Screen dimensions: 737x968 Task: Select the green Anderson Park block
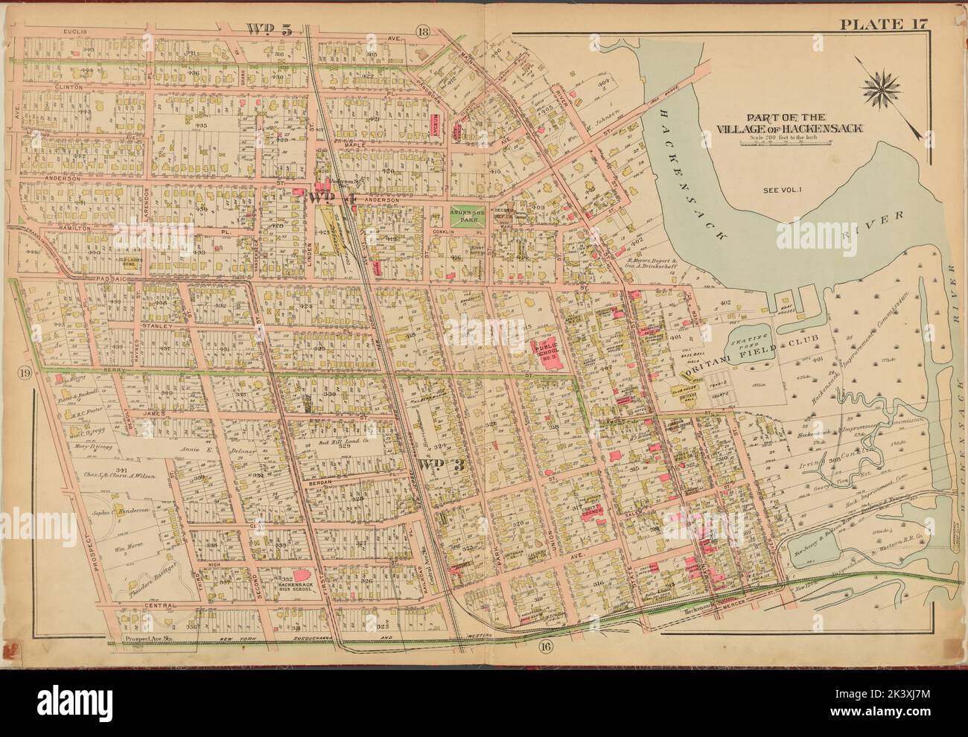coord(468,214)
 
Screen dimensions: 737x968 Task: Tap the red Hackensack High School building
coord(302,577)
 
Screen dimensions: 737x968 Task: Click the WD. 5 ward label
coord(269,29)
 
